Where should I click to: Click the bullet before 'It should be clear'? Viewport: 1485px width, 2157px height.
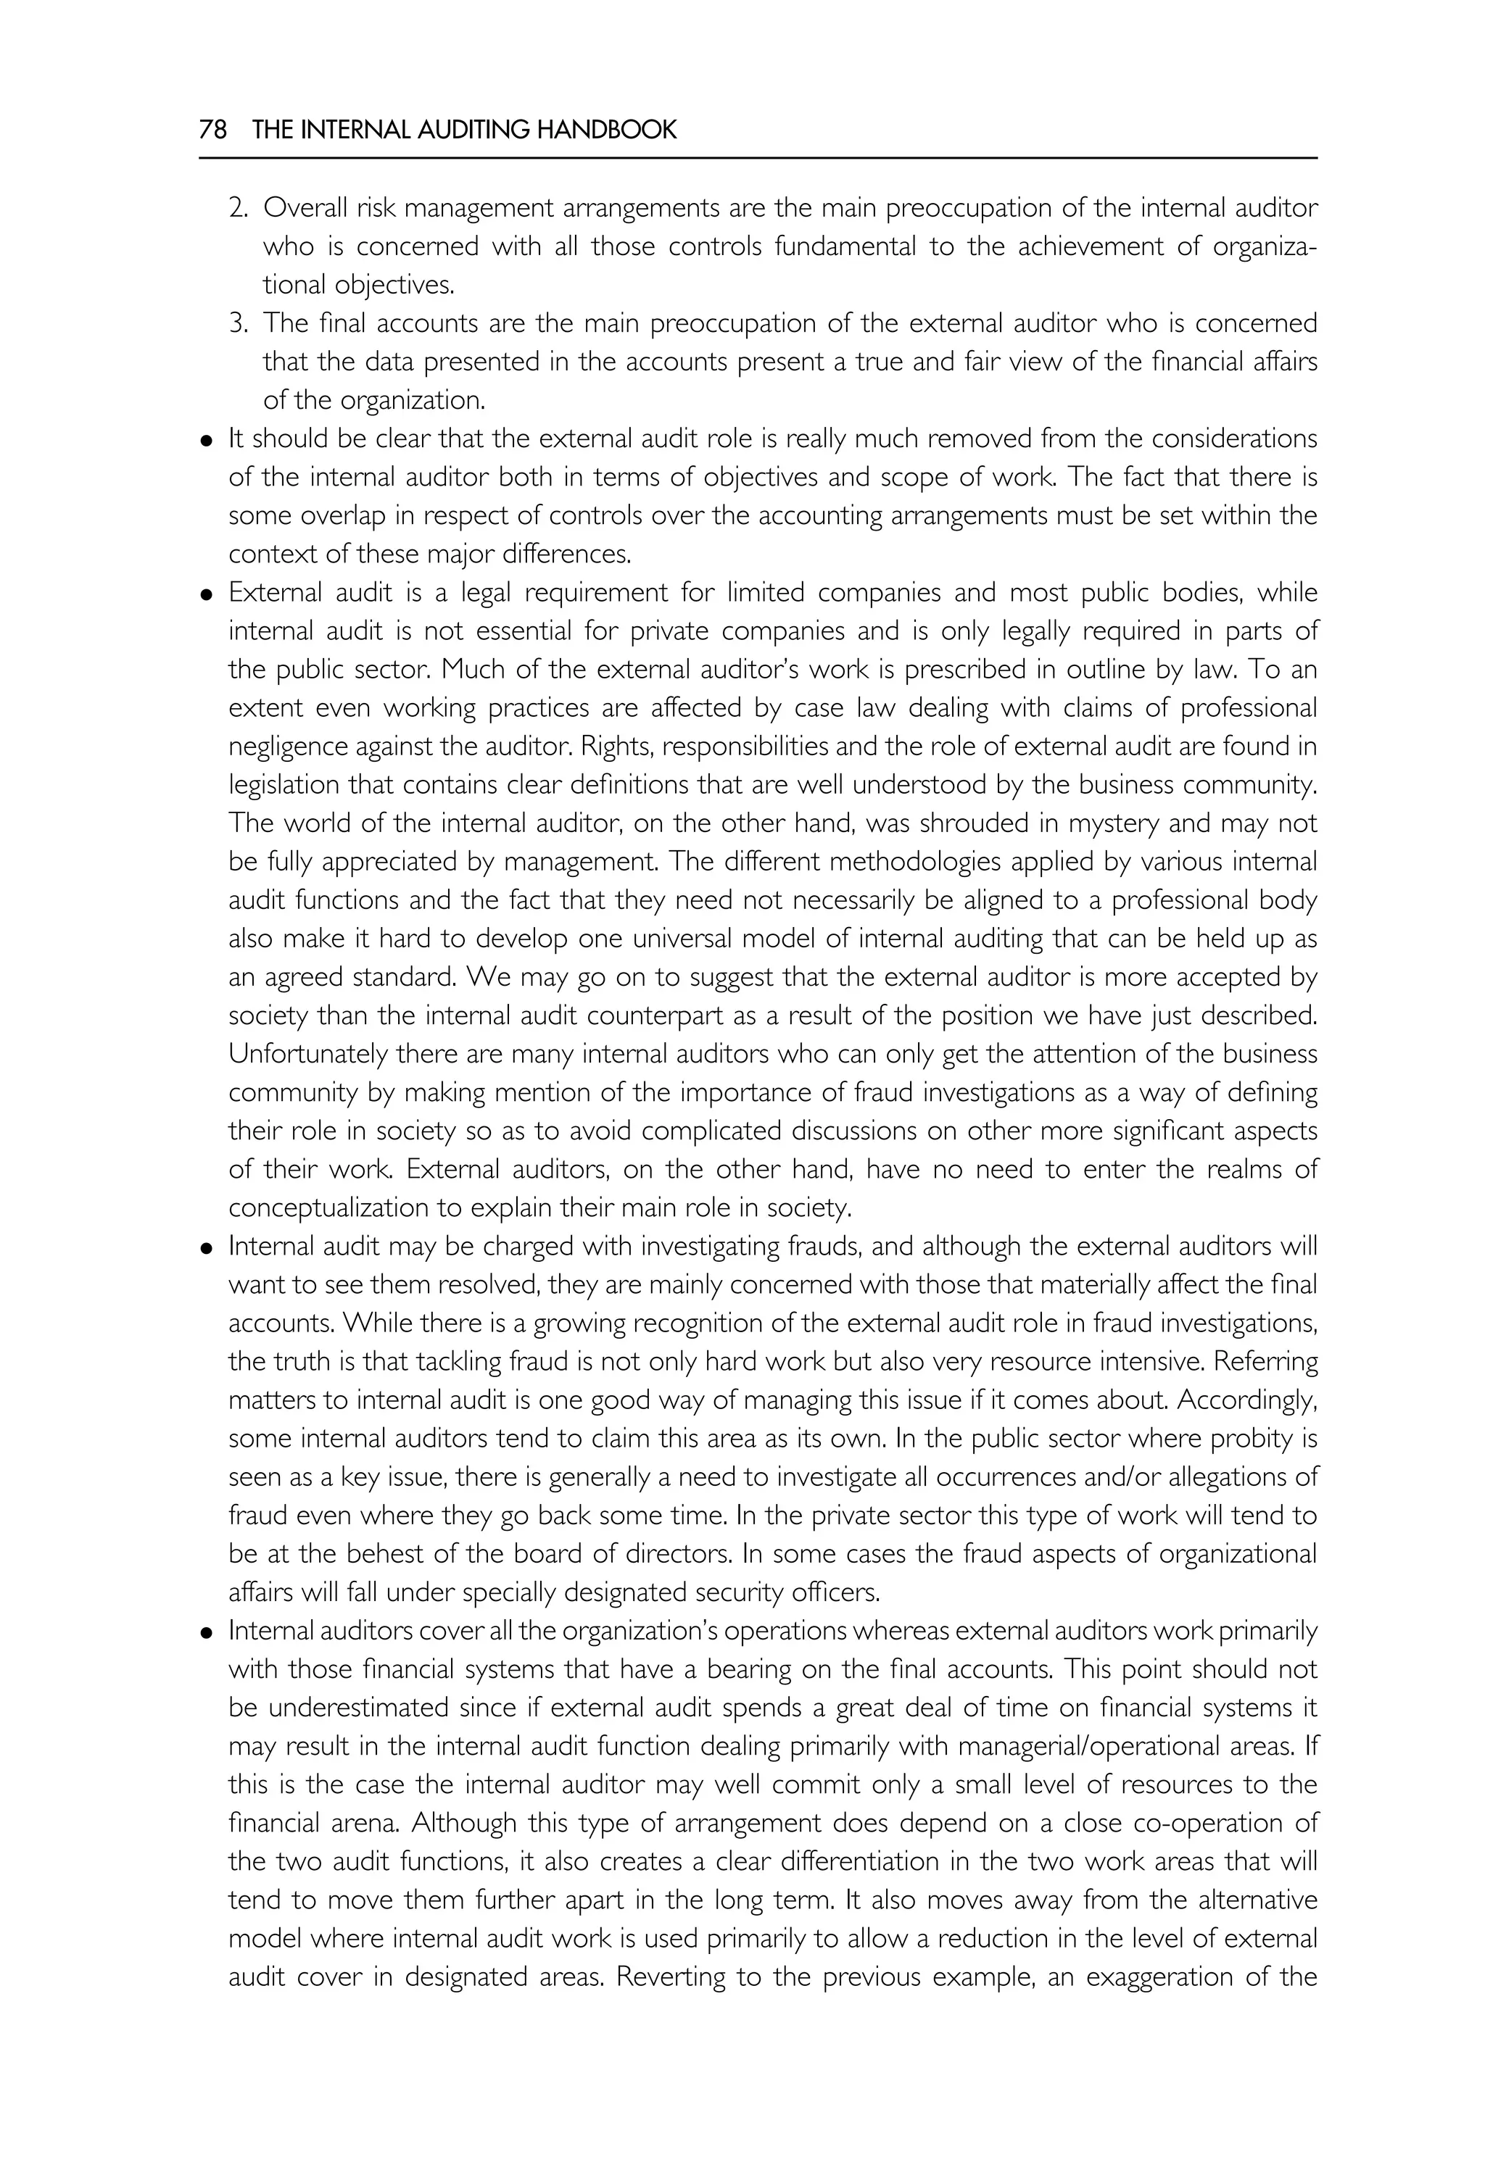pyautogui.click(x=207, y=440)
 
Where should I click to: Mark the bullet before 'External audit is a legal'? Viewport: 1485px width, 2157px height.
pyautogui.click(x=207, y=594)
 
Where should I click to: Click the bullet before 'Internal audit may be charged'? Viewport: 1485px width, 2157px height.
pyautogui.click(x=207, y=1248)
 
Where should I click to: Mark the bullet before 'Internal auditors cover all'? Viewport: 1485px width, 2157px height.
pyautogui.click(x=207, y=1633)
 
